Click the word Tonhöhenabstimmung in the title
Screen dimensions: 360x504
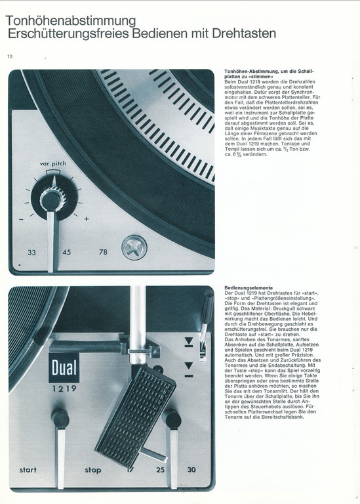point(71,21)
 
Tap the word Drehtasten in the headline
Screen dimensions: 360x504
point(244,33)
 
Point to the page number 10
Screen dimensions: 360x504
point(10,56)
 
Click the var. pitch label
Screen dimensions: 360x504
point(53,163)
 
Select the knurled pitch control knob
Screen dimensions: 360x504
point(52,200)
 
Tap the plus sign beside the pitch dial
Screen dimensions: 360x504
point(87,219)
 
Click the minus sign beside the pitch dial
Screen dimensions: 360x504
point(21,220)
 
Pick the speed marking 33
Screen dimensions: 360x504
point(31,252)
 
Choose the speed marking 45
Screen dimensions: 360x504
point(66,252)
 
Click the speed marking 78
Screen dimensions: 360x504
point(103,252)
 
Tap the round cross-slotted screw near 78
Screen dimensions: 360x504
point(134,247)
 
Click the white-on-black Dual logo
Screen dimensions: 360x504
point(64,368)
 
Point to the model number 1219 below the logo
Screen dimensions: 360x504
point(64,388)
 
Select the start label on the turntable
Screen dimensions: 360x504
point(28,470)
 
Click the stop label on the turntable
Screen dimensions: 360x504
point(93,471)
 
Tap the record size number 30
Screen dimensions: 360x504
point(191,470)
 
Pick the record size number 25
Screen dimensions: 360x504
point(160,470)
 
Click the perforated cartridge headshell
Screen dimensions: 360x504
point(136,417)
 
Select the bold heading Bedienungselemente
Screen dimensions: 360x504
point(249,288)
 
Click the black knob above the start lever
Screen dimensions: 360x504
point(60,418)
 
